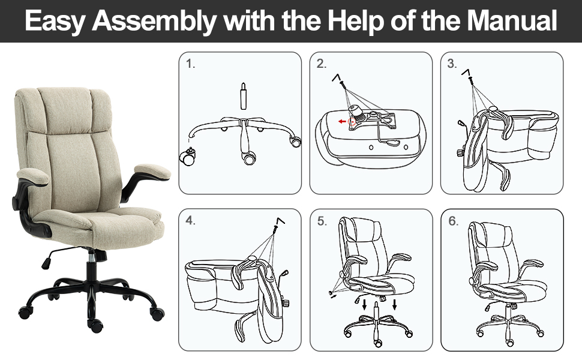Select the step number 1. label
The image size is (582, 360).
(x=191, y=64)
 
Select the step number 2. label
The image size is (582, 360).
(x=322, y=64)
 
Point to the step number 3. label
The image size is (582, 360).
(x=452, y=64)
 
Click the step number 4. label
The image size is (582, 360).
(x=191, y=221)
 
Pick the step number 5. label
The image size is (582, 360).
(x=322, y=221)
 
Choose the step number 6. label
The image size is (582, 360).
(x=452, y=221)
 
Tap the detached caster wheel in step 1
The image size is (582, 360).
(x=187, y=157)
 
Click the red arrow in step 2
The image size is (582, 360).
(x=341, y=121)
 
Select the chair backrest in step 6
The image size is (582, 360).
(x=487, y=246)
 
